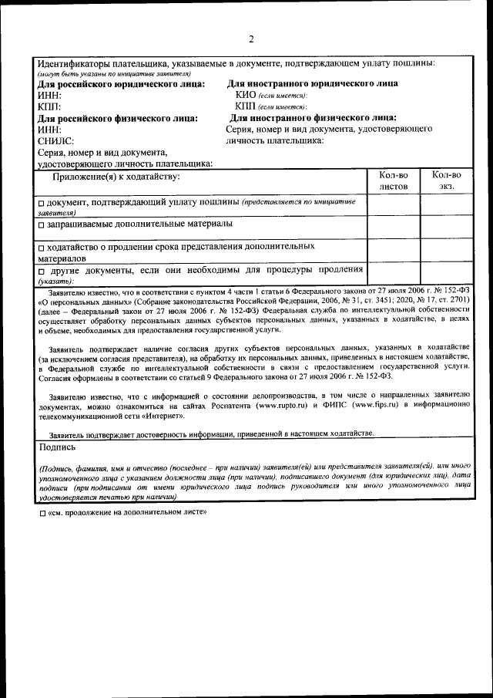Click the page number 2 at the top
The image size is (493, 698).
coord(250,39)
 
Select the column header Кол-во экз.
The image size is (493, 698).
coord(446,180)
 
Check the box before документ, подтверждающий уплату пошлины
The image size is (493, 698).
coord(42,203)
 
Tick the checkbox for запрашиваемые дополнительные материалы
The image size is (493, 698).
coord(42,224)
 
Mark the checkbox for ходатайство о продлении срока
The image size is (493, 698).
coord(42,248)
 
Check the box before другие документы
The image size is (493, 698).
coord(42,271)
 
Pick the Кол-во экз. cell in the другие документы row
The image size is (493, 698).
coord(446,275)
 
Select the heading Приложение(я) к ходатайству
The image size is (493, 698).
coord(116,177)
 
